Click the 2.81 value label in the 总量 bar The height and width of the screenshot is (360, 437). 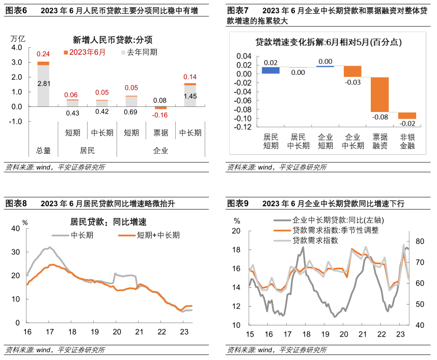(x=43, y=84)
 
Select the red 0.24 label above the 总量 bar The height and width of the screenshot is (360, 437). (x=43, y=54)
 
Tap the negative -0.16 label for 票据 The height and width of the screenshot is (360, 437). (x=160, y=115)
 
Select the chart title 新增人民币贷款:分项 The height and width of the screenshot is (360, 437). (x=113, y=40)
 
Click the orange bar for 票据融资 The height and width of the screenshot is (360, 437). (x=379, y=94)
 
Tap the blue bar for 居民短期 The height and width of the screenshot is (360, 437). (x=270, y=70)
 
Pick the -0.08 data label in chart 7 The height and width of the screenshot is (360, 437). (x=379, y=118)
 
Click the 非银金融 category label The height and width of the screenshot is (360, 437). (x=407, y=141)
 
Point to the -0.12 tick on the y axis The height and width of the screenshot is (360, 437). (x=243, y=127)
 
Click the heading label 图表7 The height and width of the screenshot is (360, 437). (x=238, y=10)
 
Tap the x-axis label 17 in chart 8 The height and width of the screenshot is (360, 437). (x=50, y=331)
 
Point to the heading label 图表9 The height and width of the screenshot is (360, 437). (x=238, y=204)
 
